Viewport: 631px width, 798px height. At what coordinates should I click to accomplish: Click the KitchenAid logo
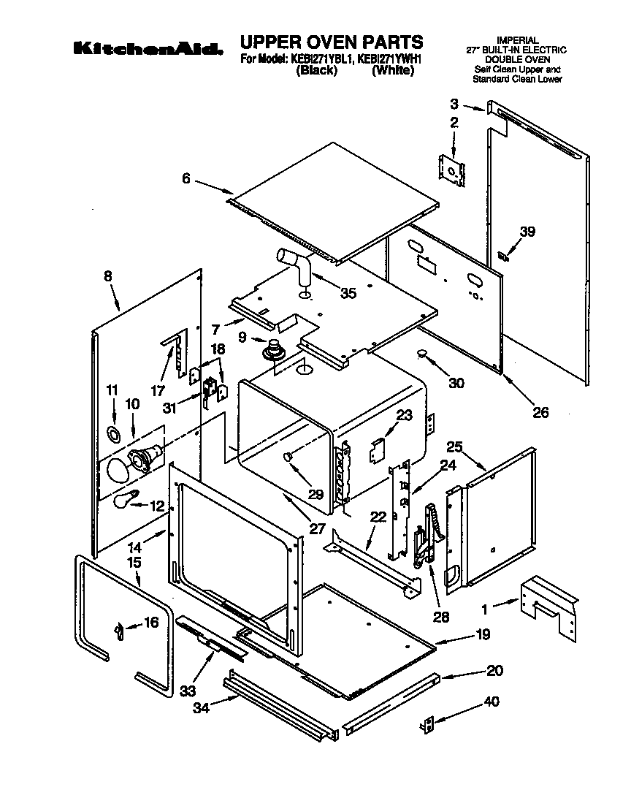(147, 49)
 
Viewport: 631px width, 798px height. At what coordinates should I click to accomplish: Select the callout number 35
(348, 293)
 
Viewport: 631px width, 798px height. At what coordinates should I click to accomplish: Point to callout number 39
(527, 232)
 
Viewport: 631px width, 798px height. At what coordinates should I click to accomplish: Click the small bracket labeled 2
(453, 167)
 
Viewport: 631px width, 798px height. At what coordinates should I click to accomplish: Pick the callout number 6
(187, 178)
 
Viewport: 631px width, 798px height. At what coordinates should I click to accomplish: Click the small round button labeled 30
(421, 354)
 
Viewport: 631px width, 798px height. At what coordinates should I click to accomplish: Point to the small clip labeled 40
(429, 724)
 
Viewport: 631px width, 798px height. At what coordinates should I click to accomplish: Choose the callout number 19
(483, 635)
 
